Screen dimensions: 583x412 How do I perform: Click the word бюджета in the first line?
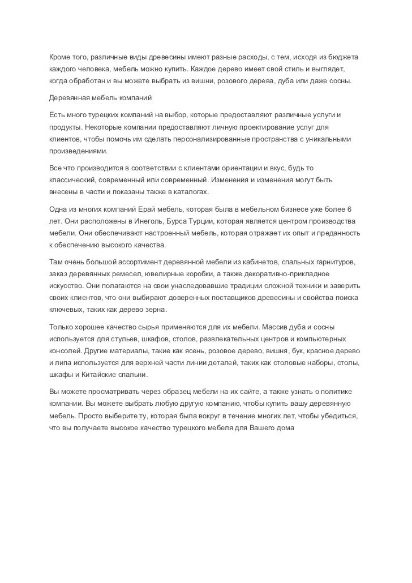point(346,58)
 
